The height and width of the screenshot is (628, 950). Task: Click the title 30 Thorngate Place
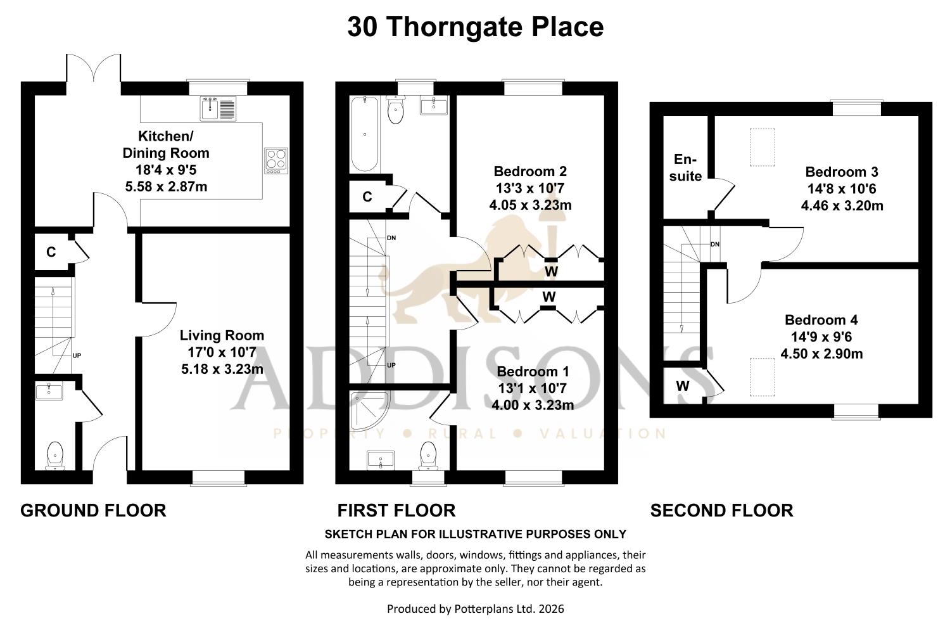click(x=476, y=27)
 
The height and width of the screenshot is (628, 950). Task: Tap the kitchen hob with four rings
click(x=276, y=161)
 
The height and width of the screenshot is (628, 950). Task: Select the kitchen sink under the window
click(x=218, y=108)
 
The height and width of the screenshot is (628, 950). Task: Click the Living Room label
click(x=222, y=335)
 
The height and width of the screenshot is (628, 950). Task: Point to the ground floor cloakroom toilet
click(x=55, y=456)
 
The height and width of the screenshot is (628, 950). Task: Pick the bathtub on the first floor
click(x=365, y=134)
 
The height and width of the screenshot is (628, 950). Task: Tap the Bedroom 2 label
click(x=530, y=172)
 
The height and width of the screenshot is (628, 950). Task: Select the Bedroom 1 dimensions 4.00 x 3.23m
click(x=533, y=405)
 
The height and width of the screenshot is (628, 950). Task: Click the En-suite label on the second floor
click(x=685, y=167)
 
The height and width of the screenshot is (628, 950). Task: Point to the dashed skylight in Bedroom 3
click(x=763, y=147)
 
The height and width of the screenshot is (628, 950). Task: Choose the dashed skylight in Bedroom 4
click(x=763, y=377)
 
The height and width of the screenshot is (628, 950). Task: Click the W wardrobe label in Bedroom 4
click(x=682, y=386)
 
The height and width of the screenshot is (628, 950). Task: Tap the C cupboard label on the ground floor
click(x=51, y=252)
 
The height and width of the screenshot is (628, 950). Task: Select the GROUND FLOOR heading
click(x=93, y=511)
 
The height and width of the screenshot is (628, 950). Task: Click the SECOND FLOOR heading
click(x=722, y=511)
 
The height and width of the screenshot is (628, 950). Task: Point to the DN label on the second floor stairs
click(x=715, y=245)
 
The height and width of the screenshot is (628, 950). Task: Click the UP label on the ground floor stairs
click(x=77, y=356)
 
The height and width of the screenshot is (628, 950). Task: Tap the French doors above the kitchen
click(x=93, y=68)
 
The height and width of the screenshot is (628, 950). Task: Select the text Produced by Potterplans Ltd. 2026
click(x=476, y=609)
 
